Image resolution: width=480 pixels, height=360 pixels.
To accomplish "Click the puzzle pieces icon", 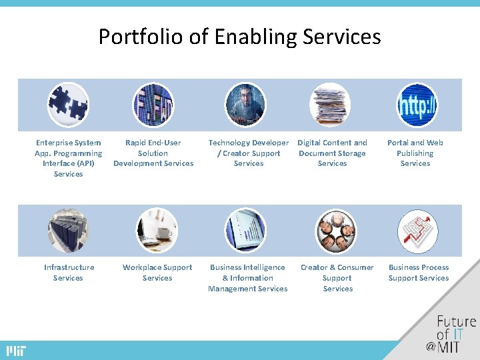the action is [68, 105].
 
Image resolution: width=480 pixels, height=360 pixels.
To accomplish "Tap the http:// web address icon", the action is [417, 105].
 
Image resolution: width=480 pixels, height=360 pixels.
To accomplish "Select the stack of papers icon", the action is [329, 105].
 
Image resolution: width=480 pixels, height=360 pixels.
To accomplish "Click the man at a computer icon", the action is [245, 105].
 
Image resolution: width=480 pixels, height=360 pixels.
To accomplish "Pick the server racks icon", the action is [68, 231].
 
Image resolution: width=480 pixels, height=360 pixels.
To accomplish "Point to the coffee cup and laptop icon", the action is [157, 231].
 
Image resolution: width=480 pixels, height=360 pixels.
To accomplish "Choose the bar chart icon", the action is [245, 231].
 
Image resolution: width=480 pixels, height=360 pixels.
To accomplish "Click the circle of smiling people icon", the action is [336, 231].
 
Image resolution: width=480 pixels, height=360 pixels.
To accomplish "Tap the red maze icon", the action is [417, 231].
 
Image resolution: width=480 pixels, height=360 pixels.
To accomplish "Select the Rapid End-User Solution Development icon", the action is [153, 105].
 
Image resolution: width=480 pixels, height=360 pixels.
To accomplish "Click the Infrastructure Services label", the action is [69, 273].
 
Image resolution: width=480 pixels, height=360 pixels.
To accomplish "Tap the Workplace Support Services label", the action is [157, 273].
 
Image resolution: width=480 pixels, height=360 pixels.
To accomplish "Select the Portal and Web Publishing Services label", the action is [415, 153].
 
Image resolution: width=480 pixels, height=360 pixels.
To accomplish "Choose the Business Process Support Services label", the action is [419, 273].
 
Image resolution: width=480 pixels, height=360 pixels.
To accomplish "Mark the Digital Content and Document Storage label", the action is [332, 153].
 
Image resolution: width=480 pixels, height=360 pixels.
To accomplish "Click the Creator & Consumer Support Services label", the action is [337, 278].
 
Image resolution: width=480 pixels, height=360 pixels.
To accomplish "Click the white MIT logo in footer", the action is [16, 351].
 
